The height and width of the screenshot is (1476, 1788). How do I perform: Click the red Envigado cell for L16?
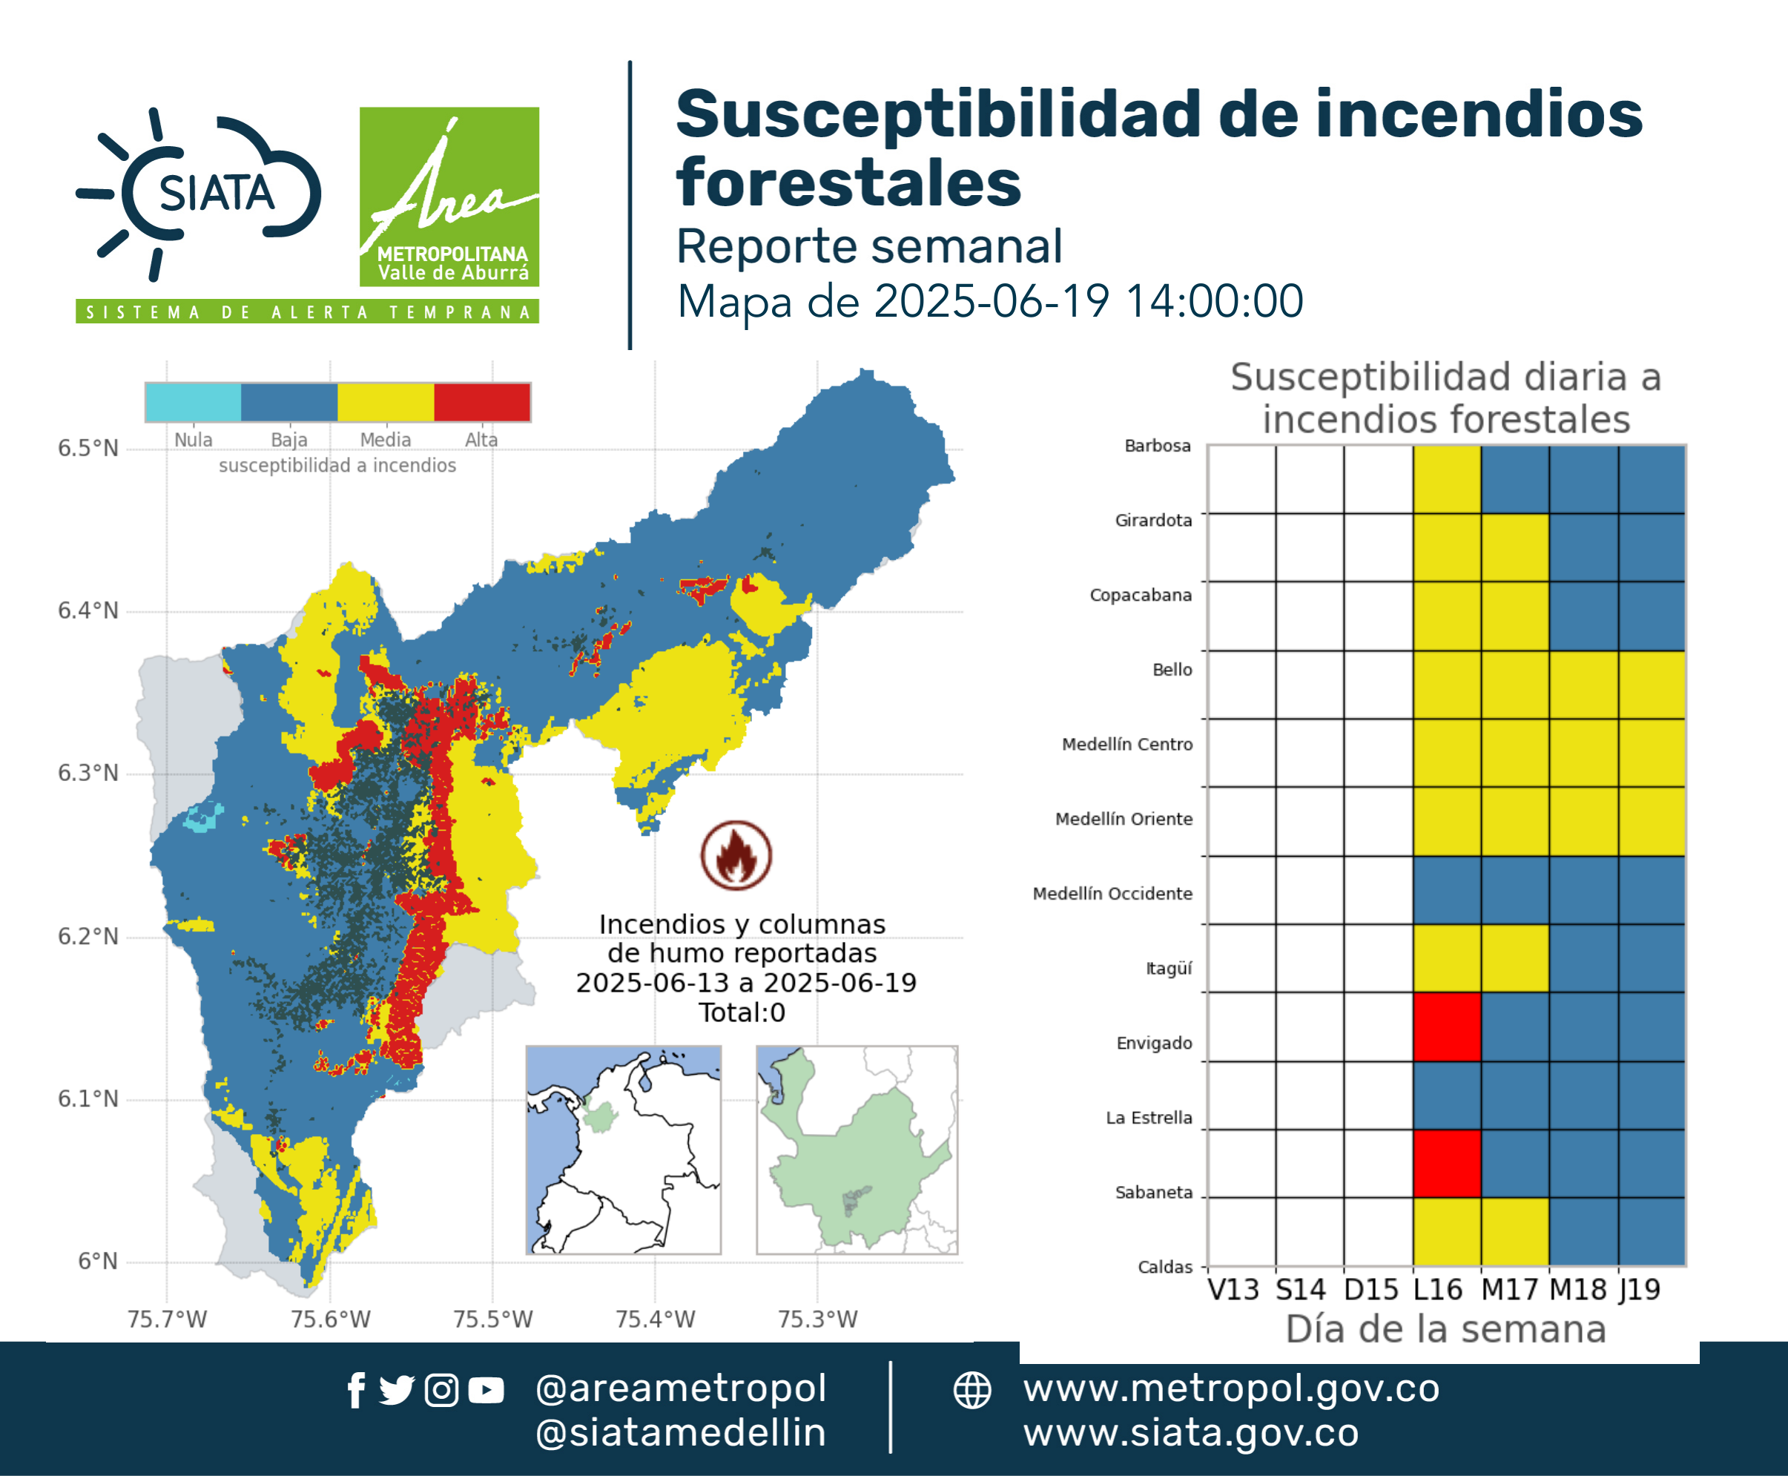point(1446,1027)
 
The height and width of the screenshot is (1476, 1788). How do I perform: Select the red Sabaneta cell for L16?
point(1446,1163)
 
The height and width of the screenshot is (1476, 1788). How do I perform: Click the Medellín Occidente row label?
point(1112,894)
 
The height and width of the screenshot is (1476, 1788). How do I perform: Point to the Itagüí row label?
point(1169,969)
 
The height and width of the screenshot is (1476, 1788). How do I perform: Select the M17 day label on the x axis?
point(1509,1290)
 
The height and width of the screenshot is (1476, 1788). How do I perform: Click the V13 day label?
point(1233,1290)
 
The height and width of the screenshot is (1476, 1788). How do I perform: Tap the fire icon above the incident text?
point(736,855)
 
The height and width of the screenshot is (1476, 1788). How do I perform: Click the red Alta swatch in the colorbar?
point(482,402)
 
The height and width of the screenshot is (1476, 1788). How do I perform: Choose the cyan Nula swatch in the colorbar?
point(193,402)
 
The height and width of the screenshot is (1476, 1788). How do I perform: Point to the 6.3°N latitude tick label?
point(88,773)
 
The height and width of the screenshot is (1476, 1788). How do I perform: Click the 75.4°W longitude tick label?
point(656,1319)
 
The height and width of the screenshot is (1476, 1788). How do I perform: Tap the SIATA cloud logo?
point(198,194)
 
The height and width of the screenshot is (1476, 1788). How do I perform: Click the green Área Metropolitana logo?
point(449,197)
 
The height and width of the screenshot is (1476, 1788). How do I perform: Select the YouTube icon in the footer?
point(486,1390)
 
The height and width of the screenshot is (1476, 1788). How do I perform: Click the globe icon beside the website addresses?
point(971,1390)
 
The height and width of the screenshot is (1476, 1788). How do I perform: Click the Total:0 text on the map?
point(742,1012)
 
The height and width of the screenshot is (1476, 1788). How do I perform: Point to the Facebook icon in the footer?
point(356,1390)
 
